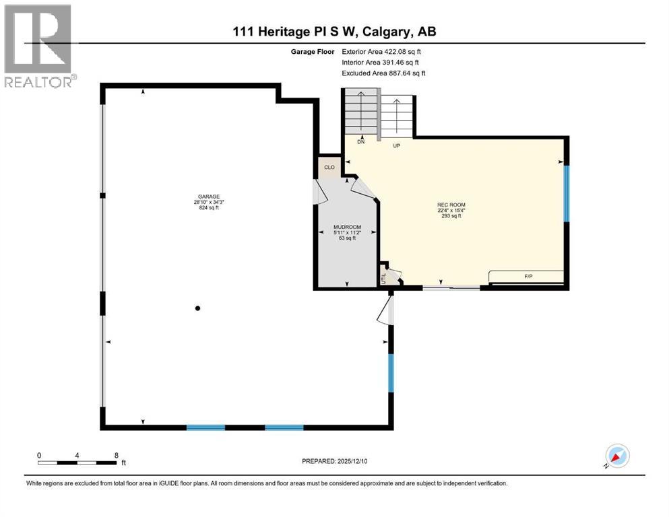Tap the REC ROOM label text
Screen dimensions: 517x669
451,205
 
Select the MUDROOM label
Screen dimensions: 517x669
347,227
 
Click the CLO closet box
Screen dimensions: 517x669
329,168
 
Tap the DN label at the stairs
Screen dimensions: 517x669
360,142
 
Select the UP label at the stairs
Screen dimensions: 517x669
397,145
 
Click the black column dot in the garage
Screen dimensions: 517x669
197,308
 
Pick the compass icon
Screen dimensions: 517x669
616,456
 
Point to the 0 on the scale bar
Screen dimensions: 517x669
39,455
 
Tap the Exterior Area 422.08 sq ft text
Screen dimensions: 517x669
382,51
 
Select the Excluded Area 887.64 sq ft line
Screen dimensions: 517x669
383,73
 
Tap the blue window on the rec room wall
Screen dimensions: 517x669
567,193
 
